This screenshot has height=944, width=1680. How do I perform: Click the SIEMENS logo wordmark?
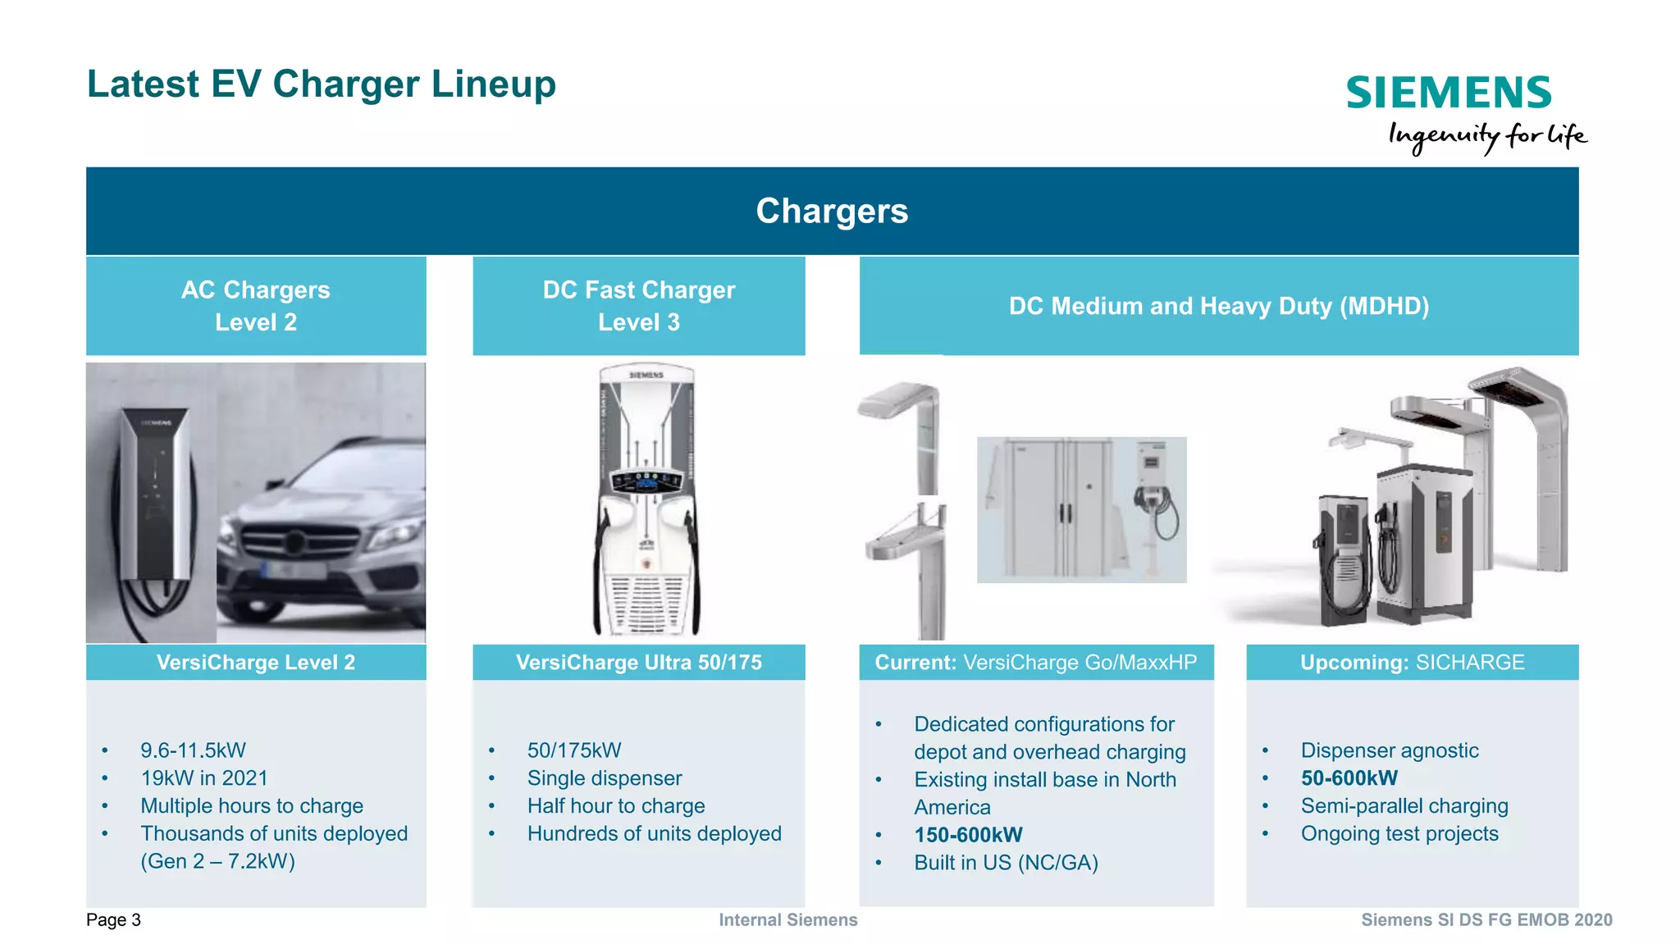click(x=1449, y=93)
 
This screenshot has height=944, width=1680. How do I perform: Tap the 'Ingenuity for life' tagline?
click(x=1487, y=135)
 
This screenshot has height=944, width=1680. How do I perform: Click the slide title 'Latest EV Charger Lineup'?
click(x=322, y=84)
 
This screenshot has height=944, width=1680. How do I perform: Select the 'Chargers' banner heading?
click(x=832, y=211)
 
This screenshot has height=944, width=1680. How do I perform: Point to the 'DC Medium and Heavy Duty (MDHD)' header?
click(x=1219, y=306)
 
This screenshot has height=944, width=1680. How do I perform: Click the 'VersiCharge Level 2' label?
click(x=256, y=663)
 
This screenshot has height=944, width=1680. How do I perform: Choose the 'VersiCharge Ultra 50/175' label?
click(x=639, y=663)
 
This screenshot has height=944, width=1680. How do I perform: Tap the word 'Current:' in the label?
click(x=915, y=663)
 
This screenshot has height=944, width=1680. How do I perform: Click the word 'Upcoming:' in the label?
click(x=1354, y=663)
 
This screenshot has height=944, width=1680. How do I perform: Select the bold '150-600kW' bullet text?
click(x=968, y=835)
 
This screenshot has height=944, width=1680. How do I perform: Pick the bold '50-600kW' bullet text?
click(x=1349, y=778)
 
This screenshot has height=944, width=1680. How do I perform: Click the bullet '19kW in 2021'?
click(x=204, y=778)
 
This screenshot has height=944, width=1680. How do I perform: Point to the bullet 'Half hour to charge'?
click(x=616, y=806)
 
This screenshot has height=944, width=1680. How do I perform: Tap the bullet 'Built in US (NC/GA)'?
click(x=1006, y=863)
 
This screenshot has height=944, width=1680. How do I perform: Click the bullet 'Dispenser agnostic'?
click(x=1390, y=750)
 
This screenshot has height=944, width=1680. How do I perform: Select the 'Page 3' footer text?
click(x=113, y=920)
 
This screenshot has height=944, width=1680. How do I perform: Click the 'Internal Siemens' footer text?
click(x=788, y=920)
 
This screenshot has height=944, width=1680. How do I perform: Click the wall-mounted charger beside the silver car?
click(x=154, y=492)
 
